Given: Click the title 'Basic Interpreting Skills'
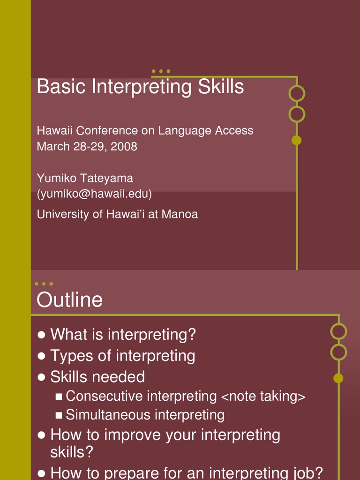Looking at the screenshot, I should [x=140, y=87].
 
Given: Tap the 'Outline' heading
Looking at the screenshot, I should [x=69, y=300].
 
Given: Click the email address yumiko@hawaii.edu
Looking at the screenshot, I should [x=94, y=194].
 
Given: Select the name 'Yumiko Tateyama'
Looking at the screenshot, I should [x=85, y=178].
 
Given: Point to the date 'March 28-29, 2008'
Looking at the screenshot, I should [x=87, y=146].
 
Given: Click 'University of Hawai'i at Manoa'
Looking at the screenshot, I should [x=117, y=214].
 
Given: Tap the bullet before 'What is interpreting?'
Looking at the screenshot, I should [x=41, y=335].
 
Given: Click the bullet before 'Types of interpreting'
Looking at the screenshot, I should [x=41, y=356].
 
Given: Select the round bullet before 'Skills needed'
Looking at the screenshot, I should [x=41, y=377].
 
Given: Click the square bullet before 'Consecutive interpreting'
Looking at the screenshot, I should [x=59, y=397].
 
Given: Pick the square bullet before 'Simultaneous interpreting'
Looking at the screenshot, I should [x=59, y=415].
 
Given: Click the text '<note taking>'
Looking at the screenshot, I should [x=263, y=397].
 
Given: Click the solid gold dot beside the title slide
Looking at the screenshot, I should [x=296, y=140].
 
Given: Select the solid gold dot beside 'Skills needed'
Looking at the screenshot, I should [x=338, y=378].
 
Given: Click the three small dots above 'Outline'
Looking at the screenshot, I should [x=44, y=284].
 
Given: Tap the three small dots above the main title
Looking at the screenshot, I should [x=161, y=71].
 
